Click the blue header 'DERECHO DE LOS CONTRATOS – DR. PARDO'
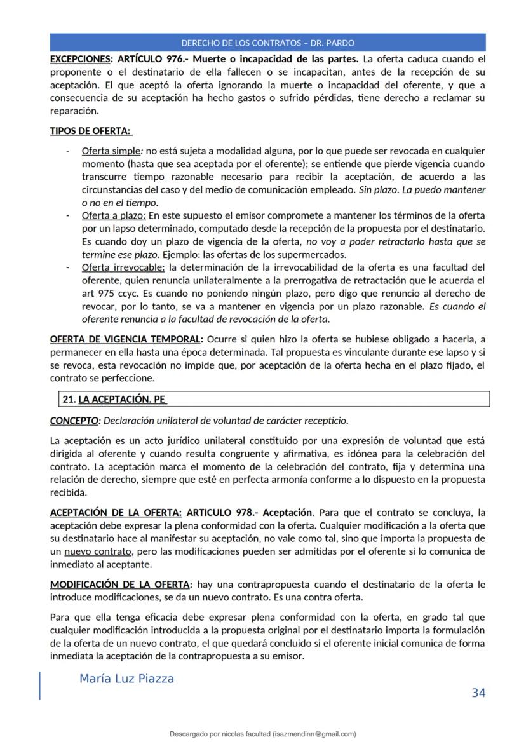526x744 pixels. [x=267, y=43]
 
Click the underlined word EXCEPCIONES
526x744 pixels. [x=79, y=59]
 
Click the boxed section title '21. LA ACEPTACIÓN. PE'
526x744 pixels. [x=114, y=399]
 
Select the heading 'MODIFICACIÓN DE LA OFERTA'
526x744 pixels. [x=119, y=584]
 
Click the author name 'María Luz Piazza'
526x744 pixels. [x=126, y=679]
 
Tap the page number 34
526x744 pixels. [x=478, y=693]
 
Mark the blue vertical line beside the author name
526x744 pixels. [x=41, y=686]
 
